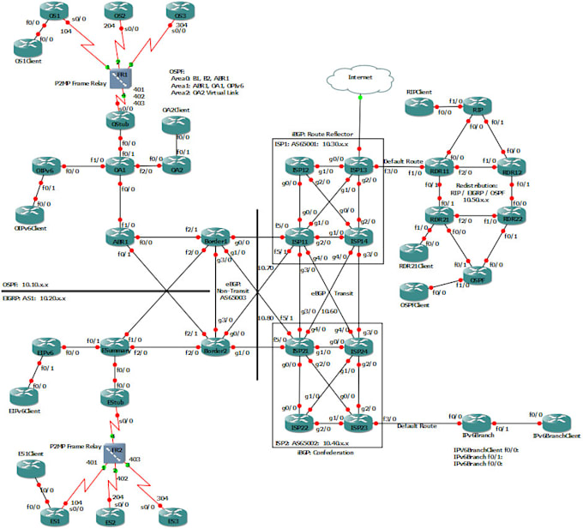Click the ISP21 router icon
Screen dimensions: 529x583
(x=299, y=350)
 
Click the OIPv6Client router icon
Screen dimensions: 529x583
(x=30, y=209)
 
